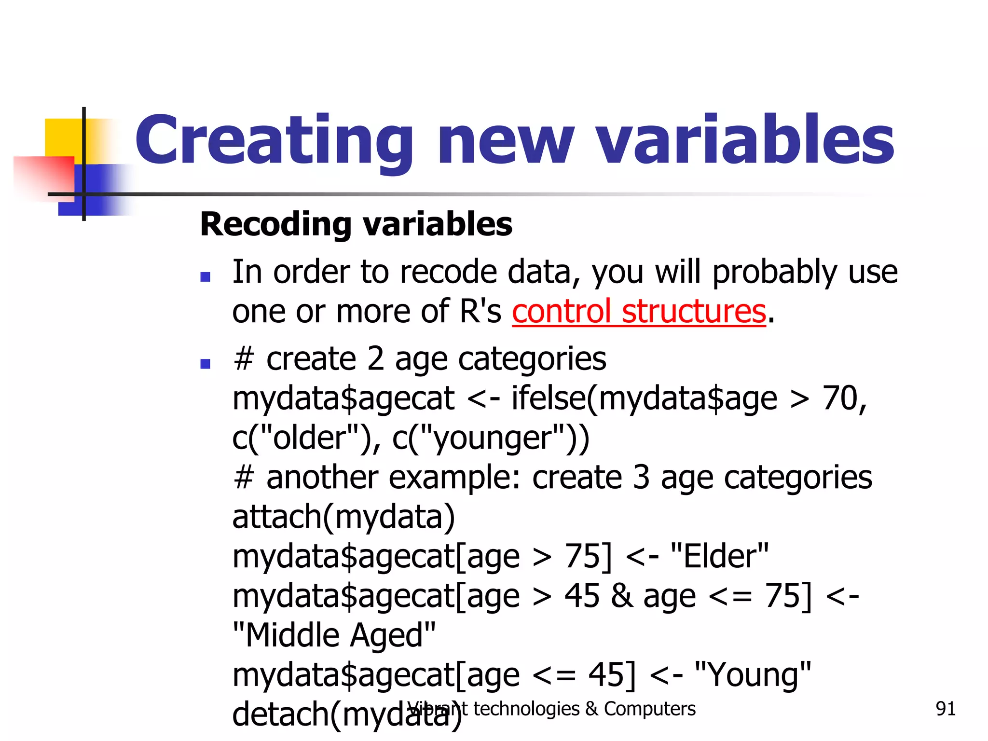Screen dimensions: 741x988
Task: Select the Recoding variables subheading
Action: [356, 225]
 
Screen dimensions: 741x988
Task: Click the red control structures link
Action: [639, 311]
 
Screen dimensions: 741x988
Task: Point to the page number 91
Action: [945, 709]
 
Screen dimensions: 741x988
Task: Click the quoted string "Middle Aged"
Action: [334, 635]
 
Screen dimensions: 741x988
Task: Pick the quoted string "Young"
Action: [753, 674]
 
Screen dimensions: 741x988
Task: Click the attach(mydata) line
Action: [343, 517]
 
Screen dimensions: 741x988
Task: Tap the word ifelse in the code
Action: [548, 398]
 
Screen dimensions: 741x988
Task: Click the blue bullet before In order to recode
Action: [205, 277]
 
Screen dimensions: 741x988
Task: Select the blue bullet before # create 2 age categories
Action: [205, 364]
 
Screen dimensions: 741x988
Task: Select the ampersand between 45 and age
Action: [621, 596]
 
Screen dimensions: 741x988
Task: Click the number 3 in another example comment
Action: [641, 478]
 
